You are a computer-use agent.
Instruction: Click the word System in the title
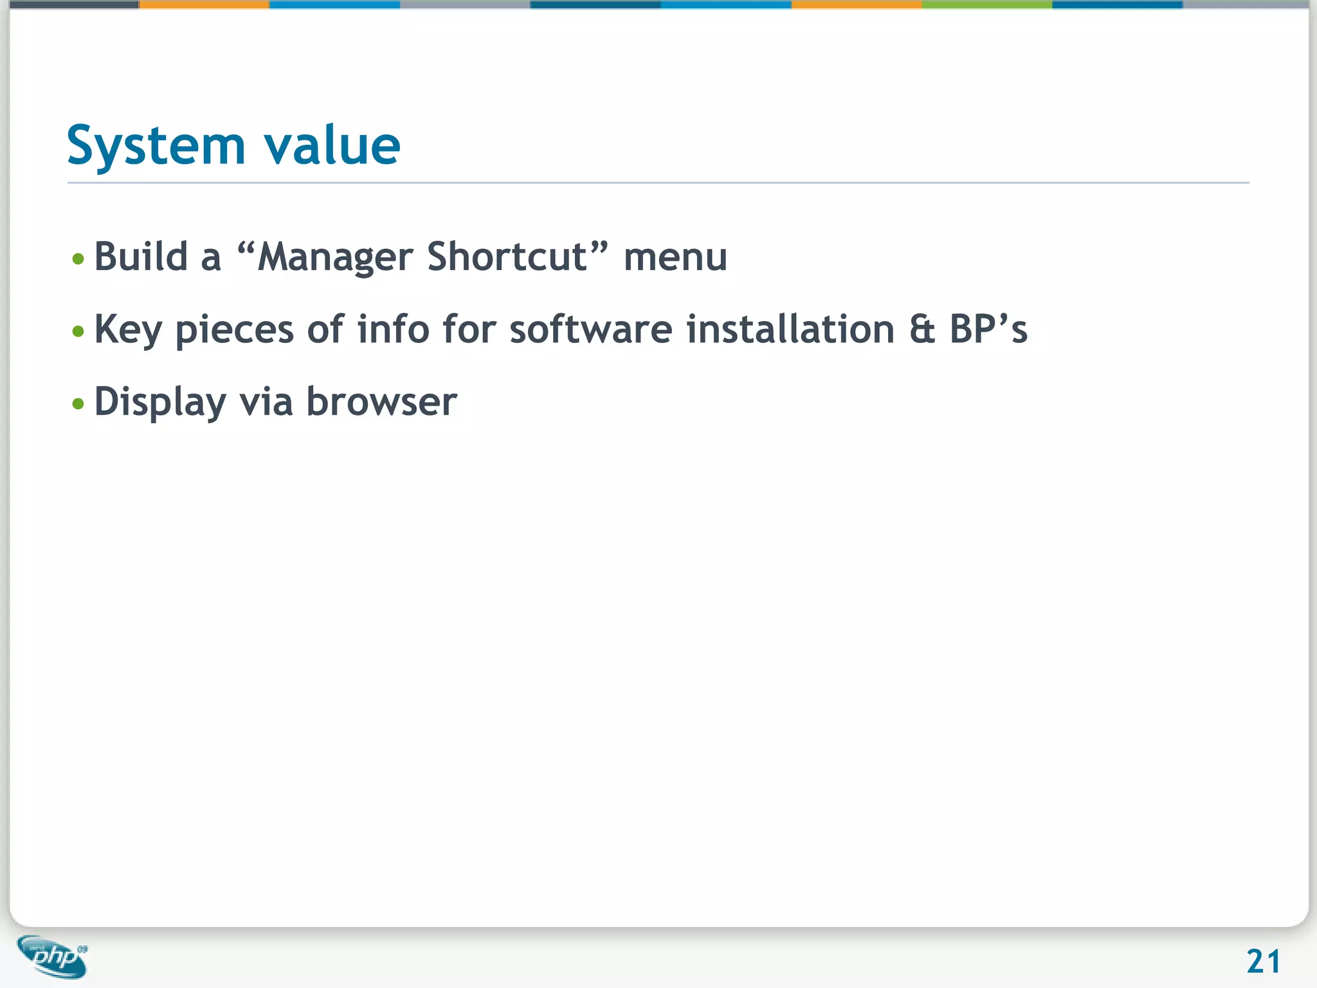(156, 147)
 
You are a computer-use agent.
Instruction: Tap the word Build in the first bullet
(141, 257)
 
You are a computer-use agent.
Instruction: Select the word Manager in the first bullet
(334, 258)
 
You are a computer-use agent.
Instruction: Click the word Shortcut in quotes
(507, 257)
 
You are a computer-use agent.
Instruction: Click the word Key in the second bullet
(128, 331)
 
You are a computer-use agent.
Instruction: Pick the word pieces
(234, 331)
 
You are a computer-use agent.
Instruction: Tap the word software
(590, 329)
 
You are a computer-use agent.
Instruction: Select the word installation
(790, 329)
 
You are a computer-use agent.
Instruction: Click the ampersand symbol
(922, 329)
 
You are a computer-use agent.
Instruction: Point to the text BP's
(988, 329)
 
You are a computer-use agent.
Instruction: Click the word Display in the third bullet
(160, 403)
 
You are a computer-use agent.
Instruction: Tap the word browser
(381, 402)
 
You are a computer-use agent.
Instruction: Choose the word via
(266, 402)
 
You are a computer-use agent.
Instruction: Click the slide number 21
(1263, 962)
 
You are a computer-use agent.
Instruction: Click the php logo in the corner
(53, 956)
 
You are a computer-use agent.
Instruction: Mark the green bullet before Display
(78, 404)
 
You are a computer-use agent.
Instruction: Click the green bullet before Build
(78, 259)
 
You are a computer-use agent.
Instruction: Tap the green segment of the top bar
(986, 5)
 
